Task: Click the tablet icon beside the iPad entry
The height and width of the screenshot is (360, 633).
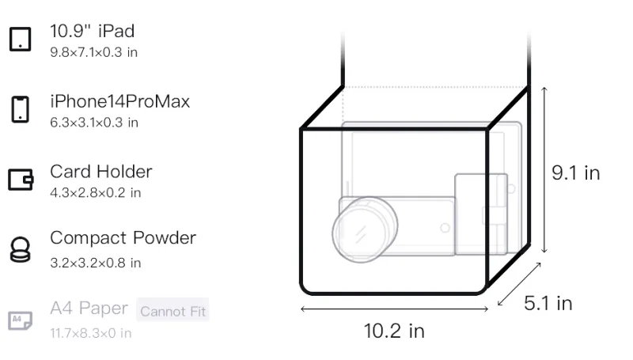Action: pos(21,39)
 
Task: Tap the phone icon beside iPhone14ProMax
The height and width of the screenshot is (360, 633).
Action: pos(21,109)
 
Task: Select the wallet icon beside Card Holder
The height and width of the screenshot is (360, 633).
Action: pos(21,179)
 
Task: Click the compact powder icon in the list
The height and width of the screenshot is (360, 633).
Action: pos(21,250)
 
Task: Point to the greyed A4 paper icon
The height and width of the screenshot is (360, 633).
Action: pos(21,320)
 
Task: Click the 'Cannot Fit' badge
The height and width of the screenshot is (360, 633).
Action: pos(172,311)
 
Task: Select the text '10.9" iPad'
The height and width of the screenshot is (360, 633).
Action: pos(92,31)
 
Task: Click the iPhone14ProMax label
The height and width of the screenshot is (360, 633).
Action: pos(120,101)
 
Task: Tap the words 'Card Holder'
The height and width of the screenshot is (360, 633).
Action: pos(101,172)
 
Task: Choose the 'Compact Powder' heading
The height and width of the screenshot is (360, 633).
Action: pos(123,238)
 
